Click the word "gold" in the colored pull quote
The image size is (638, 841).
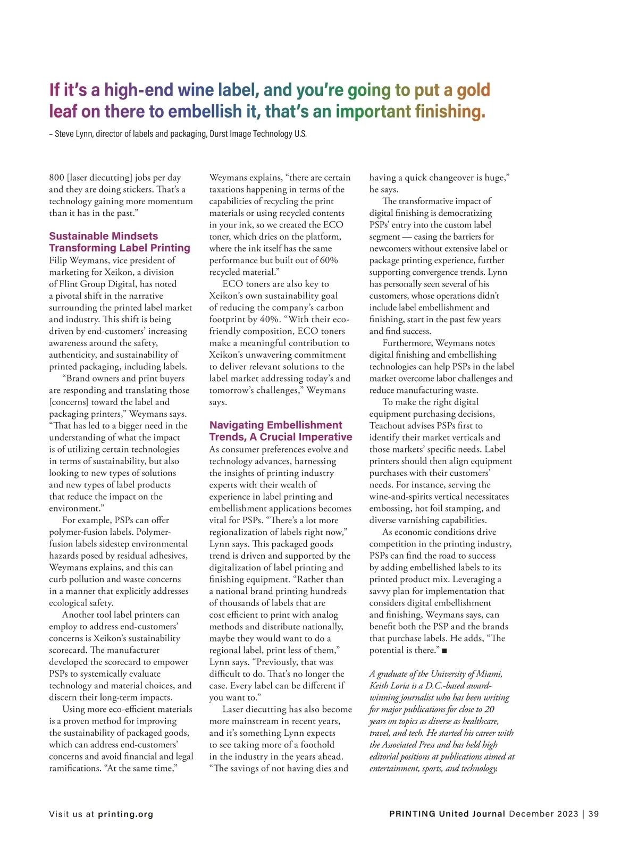pyautogui.click(x=474, y=90)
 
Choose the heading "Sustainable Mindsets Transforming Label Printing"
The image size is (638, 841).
pyautogui.click(x=119, y=242)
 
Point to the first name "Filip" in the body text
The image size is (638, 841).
pyautogui.click(x=58, y=260)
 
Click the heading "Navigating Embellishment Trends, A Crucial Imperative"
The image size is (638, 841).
pyautogui.click(x=280, y=431)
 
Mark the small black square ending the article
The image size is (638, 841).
pyautogui.click(x=444, y=651)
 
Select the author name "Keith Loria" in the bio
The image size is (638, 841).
pyautogui.click(x=393, y=686)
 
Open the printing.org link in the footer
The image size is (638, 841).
pyautogui.click(x=125, y=814)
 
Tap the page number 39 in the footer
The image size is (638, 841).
pyautogui.click(x=593, y=814)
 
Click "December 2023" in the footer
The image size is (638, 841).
pyautogui.click(x=543, y=814)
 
